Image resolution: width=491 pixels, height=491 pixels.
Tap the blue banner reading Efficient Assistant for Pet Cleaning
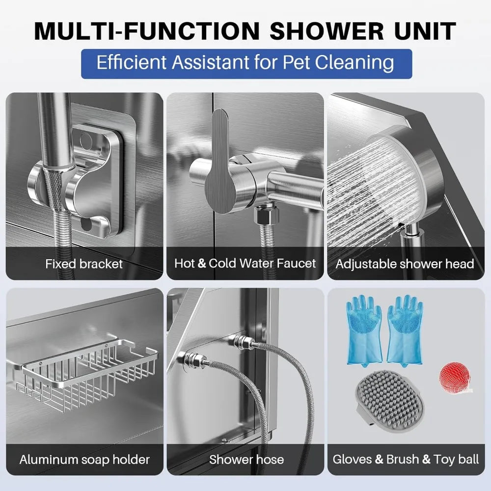click(245, 63)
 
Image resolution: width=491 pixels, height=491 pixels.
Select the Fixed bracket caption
click(84, 264)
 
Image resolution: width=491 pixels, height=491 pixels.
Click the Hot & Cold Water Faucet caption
click(245, 263)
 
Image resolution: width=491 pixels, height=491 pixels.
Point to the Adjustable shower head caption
click(405, 264)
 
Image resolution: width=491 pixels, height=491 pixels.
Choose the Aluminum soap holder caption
click(84, 460)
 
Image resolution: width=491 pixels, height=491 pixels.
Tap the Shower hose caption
click(246, 460)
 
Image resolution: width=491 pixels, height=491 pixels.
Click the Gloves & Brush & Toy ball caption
click(406, 460)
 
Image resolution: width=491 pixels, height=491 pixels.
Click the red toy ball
click(454, 377)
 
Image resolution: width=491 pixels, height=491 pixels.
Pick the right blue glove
click(406, 329)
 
